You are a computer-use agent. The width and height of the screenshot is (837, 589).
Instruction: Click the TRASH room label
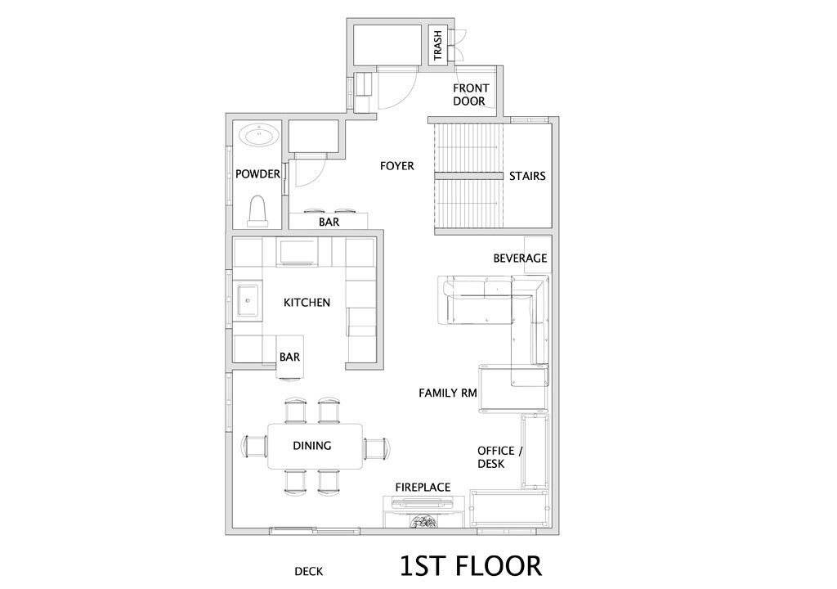point(438,45)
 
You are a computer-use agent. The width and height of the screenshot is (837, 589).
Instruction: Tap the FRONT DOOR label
point(470,95)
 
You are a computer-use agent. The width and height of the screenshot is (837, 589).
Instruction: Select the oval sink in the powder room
point(259,135)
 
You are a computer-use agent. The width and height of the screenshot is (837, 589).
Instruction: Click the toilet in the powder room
point(257,210)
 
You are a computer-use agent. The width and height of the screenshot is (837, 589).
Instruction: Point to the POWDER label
point(257,174)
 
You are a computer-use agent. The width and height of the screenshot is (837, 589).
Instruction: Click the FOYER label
point(396,166)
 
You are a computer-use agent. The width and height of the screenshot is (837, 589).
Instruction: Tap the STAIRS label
point(527,177)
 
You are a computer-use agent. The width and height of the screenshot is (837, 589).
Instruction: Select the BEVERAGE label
point(520,259)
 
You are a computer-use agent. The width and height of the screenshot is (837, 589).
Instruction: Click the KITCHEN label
point(307,303)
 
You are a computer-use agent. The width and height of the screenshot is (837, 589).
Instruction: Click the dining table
point(315,446)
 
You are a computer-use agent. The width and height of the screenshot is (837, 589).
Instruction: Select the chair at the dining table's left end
point(255,447)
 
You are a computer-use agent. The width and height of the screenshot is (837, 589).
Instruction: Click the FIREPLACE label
point(423,488)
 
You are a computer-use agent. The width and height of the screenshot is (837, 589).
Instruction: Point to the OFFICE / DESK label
point(499,457)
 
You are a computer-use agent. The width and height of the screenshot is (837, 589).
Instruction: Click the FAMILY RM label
point(447,393)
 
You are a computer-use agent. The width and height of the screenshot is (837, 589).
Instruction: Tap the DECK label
point(308,572)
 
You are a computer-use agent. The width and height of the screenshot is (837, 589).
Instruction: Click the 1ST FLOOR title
point(471,566)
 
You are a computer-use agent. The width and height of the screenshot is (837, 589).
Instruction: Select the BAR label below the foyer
point(329,222)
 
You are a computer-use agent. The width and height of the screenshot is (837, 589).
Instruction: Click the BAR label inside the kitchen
point(289,357)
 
